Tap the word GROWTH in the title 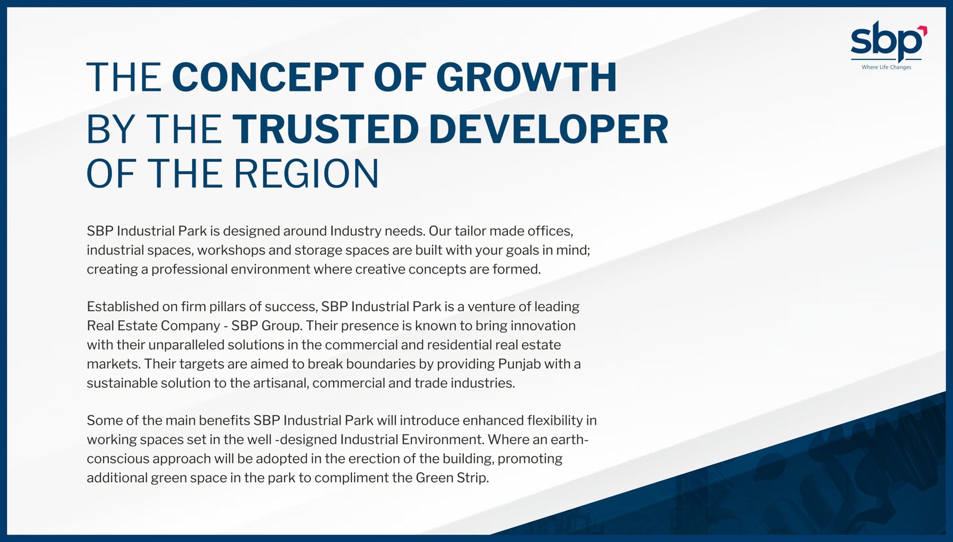pos(527,77)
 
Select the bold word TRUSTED pos(325,129)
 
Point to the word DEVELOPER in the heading pos(549,129)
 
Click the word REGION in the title pos(306,174)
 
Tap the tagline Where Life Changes pos(886,67)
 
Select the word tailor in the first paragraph pos(469,231)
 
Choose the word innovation pos(543,325)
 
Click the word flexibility pos(555,421)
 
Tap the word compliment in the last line pos(351,478)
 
